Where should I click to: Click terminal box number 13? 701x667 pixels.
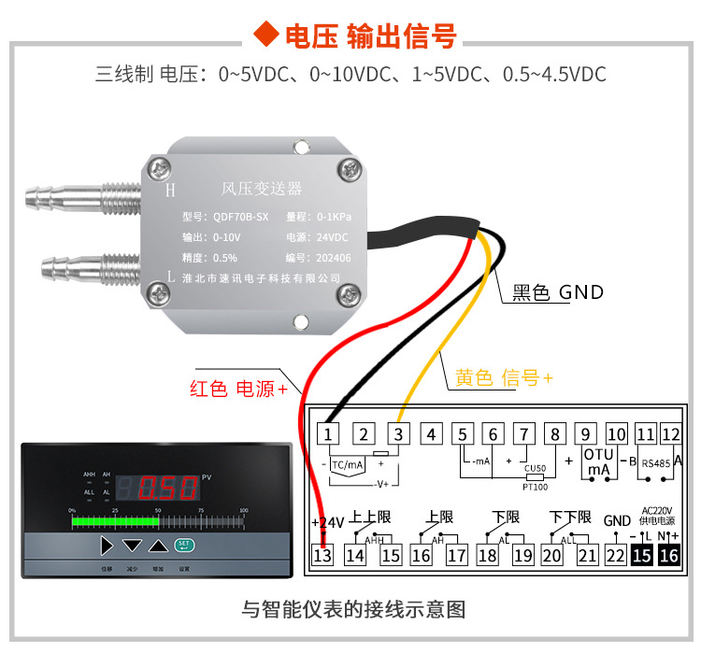[x=322, y=555]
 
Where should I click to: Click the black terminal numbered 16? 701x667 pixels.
[x=668, y=555]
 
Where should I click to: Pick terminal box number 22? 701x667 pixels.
[x=615, y=555]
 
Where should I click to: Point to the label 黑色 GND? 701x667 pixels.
[x=558, y=292]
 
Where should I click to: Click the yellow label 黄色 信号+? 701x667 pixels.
[x=504, y=377]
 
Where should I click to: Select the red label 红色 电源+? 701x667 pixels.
[x=238, y=389]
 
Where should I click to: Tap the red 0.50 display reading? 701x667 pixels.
[x=168, y=487]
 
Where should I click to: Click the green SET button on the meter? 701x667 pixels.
[x=184, y=544]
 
